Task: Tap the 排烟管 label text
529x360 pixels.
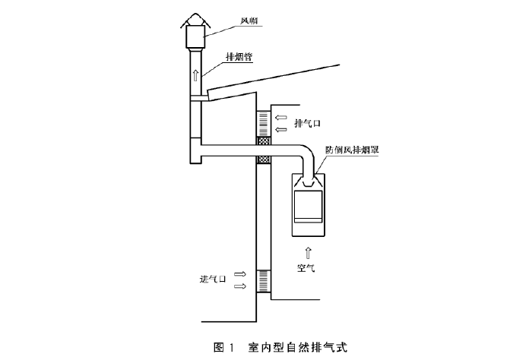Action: (239, 56)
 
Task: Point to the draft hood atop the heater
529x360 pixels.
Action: (310, 182)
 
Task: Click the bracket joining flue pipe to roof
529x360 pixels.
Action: (200, 98)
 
